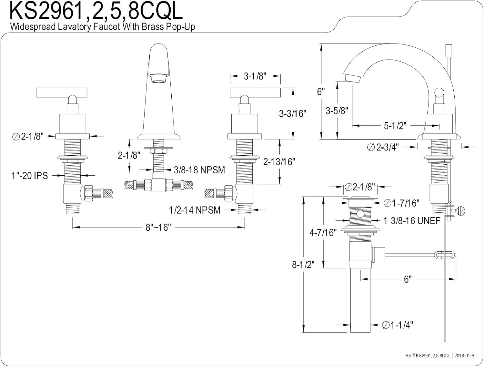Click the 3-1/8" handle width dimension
click(x=255, y=76)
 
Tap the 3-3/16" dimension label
click(x=293, y=114)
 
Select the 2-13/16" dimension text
click(x=279, y=162)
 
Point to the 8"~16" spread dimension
click(x=158, y=227)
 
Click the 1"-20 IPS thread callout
click(x=30, y=176)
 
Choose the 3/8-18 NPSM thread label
click(x=199, y=170)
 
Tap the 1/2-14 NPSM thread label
click(x=195, y=210)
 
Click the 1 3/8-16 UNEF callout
click(x=412, y=221)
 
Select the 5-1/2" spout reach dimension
click(x=395, y=126)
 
